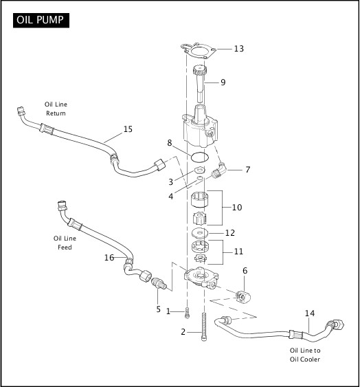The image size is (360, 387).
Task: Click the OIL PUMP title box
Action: [x=41, y=20]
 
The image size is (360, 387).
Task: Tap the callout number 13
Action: [x=238, y=49]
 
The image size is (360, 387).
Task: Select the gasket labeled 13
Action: [x=199, y=51]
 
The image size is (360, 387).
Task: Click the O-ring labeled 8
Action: [x=200, y=157]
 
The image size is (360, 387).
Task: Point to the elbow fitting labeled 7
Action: [x=219, y=170]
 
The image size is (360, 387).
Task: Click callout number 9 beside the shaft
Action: [x=223, y=82]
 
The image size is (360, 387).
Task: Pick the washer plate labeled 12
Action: [x=200, y=232]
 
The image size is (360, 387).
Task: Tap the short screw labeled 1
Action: [x=187, y=313]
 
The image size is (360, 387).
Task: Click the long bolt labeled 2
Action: [x=204, y=327]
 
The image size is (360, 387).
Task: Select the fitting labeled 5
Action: [x=157, y=283]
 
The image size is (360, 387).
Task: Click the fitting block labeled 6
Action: [x=243, y=297]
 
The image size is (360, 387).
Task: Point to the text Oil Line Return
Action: [x=56, y=109]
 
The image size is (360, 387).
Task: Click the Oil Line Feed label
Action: [x=65, y=243]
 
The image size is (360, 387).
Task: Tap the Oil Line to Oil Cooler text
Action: [x=305, y=355]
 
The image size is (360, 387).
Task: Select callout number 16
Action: [x=109, y=258]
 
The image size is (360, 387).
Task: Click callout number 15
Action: [x=128, y=129]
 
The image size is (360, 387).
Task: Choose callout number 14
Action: [x=310, y=313]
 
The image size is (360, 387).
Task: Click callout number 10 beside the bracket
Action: [x=237, y=208]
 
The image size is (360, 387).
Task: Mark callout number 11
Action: [x=238, y=252]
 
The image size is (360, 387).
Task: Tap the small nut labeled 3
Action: [x=199, y=170]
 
